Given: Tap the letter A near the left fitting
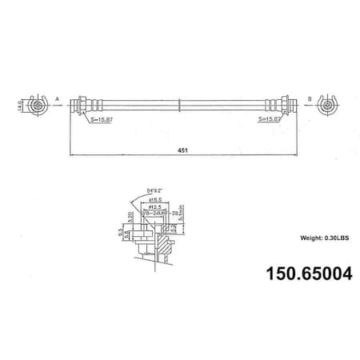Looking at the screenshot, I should coord(57,98).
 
